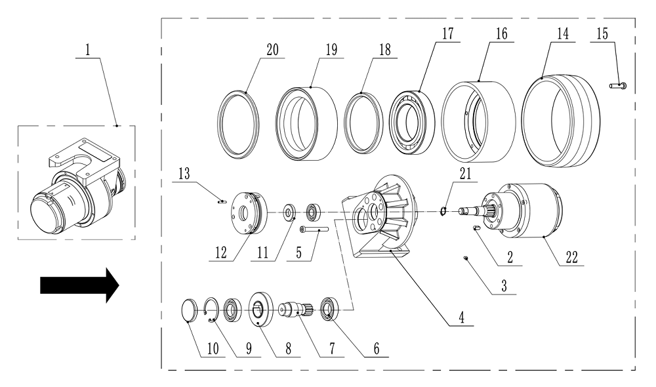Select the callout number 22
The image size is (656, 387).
pos(571,258)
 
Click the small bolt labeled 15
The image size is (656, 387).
pos(619,85)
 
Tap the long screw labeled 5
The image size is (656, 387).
pos(311,230)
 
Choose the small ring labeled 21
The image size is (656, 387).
pos(443,210)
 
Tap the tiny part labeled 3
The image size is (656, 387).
pos(465,258)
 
